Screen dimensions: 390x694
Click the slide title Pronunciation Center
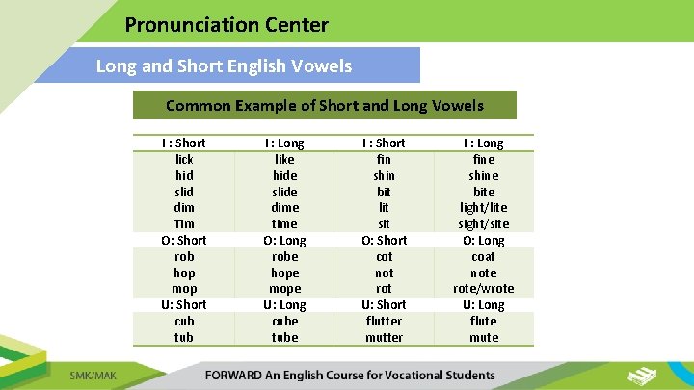point(227,25)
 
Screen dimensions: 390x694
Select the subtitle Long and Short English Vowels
point(224,66)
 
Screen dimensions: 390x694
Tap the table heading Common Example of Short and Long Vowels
point(325,105)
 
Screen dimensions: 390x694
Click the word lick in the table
point(184,159)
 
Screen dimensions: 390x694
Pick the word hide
point(285,175)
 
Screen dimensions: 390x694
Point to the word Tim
point(184,223)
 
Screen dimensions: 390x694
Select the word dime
point(285,207)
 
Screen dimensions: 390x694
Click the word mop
point(184,288)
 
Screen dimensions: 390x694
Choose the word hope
point(285,273)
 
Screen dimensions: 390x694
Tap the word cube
point(285,321)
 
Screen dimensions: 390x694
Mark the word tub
point(184,337)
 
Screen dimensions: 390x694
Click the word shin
point(384,175)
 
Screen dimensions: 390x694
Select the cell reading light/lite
point(484,207)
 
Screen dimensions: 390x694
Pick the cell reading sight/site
point(484,223)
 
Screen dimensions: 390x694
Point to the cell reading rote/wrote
point(484,288)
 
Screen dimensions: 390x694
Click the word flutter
point(384,321)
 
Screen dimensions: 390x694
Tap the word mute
point(484,337)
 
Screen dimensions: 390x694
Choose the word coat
point(484,256)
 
